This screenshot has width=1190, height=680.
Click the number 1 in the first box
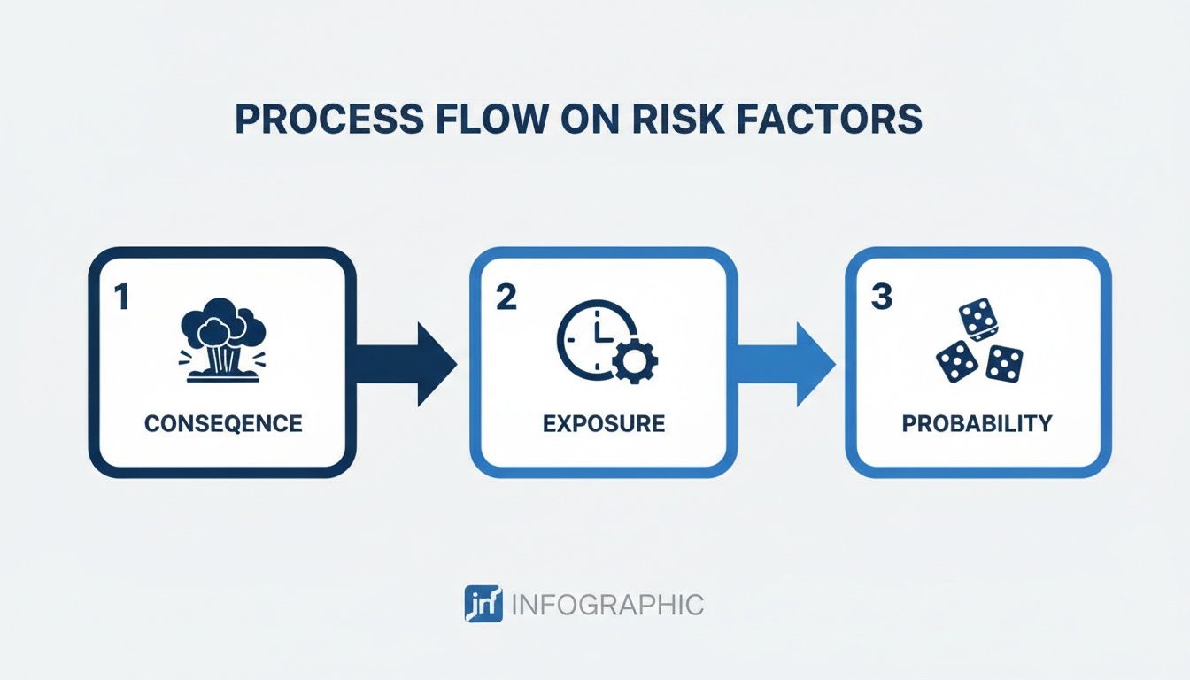coord(122,297)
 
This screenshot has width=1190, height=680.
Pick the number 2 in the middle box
coord(506,297)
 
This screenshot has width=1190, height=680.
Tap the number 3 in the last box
coord(881,297)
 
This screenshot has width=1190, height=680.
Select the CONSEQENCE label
coord(223,423)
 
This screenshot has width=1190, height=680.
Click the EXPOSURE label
coord(604,423)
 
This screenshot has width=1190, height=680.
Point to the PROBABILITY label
coord(977,423)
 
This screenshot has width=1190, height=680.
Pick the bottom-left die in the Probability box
coord(957,360)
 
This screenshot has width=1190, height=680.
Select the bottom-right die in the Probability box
coord(1004,362)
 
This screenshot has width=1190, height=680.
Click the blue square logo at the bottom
coord(483,604)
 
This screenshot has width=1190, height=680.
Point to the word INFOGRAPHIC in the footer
coord(608,605)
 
